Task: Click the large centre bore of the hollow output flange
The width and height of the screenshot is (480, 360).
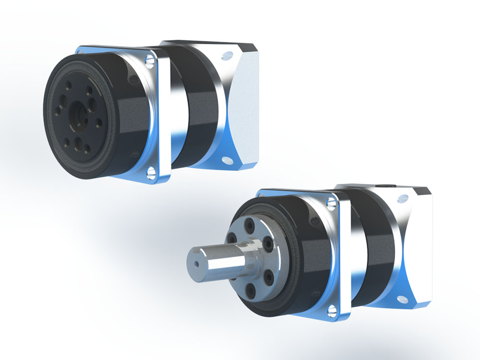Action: point(77,115)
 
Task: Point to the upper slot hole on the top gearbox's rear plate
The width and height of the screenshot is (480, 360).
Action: point(225,57)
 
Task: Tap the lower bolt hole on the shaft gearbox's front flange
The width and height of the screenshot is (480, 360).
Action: point(331,312)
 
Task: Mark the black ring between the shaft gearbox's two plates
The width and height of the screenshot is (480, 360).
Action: point(374,245)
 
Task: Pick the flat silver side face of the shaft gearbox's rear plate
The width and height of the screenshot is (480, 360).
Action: point(420,245)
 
